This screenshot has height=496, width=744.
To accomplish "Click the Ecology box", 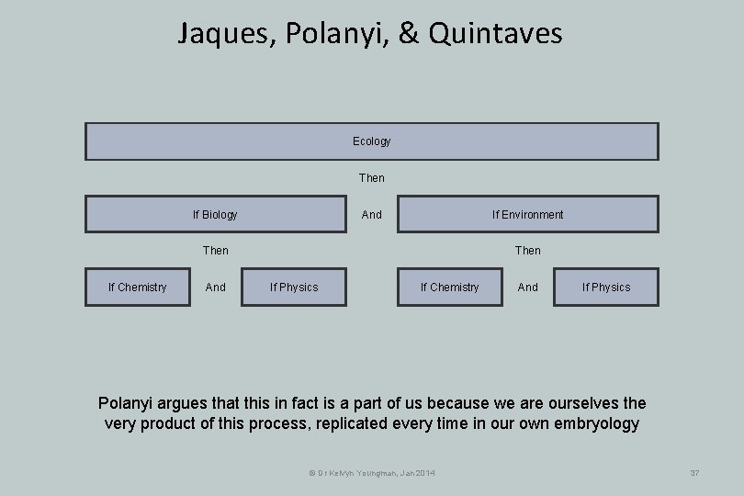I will point(371,141).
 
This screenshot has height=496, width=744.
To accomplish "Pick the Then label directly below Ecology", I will point(371,177).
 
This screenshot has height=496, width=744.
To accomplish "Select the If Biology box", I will point(215,214).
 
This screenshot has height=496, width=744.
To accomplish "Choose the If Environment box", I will point(527,214).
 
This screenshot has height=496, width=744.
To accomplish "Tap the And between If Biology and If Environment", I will point(371,214).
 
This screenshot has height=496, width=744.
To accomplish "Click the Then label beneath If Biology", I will point(215,250).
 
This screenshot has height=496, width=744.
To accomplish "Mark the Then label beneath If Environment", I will point(527,250).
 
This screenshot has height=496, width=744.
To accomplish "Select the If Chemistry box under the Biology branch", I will point(138,287).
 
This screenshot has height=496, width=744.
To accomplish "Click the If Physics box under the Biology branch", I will point(294,287).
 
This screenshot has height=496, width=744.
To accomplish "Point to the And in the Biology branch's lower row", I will point(215,287).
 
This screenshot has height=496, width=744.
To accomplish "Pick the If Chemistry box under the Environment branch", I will point(450,287).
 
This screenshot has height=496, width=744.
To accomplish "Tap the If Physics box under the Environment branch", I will point(606,287).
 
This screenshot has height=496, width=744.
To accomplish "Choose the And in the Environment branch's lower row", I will point(527,287).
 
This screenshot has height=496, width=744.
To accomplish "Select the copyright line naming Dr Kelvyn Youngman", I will point(371,472).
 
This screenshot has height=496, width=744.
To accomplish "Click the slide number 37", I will point(694,472).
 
